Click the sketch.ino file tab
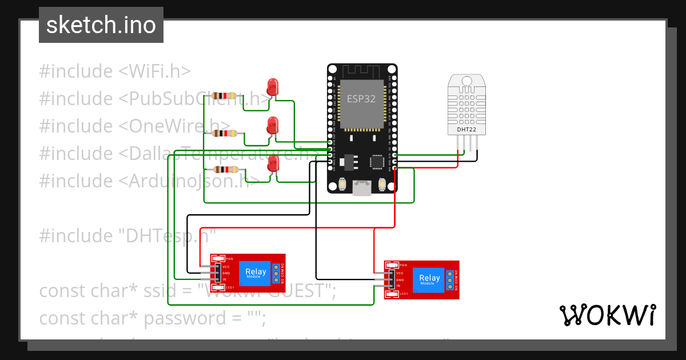[x=101, y=25]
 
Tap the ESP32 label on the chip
[x=361, y=98]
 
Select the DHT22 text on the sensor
[x=466, y=130]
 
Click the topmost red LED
[x=273, y=87]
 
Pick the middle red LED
[x=273, y=125]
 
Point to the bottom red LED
[x=273, y=163]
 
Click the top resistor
[x=225, y=96]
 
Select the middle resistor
[x=225, y=133]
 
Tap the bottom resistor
[x=225, y=169]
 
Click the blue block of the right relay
[x=429, y=280]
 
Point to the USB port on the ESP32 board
[x=361, y=187]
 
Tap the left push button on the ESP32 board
[x=342, y=184]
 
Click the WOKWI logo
[x=607, y=315]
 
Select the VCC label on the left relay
[x=226, y=267]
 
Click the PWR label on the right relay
[x=403, y=265]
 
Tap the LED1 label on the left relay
[x=229, y=287]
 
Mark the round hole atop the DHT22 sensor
[x=466, y=81]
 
